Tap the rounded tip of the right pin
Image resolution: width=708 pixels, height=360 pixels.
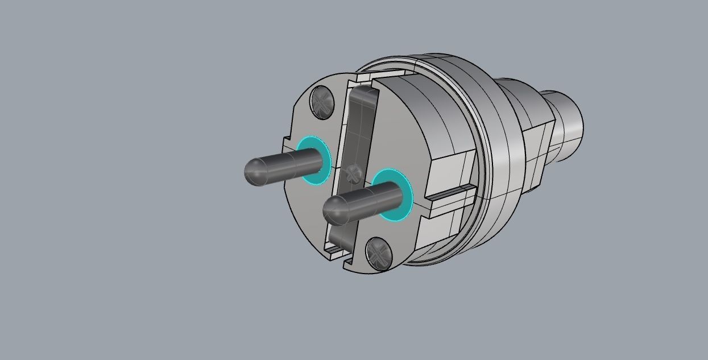(332, 211)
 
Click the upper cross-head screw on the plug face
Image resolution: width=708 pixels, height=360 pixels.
(322, 102)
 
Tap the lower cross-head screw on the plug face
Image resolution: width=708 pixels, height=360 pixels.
(379, 253)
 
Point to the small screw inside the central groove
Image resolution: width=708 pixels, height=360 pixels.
(353, 173)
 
